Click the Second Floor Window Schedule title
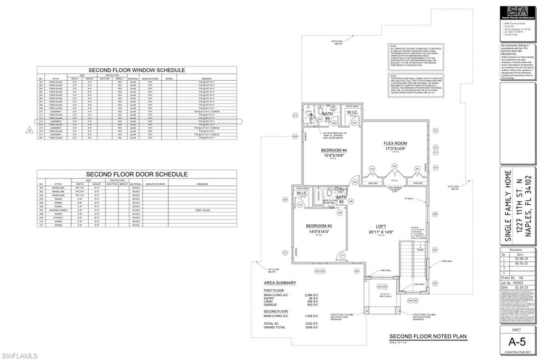136,70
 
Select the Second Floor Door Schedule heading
136,174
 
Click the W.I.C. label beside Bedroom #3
302,193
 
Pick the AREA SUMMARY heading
280,283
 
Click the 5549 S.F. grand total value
312,328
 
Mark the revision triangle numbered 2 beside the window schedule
30,128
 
